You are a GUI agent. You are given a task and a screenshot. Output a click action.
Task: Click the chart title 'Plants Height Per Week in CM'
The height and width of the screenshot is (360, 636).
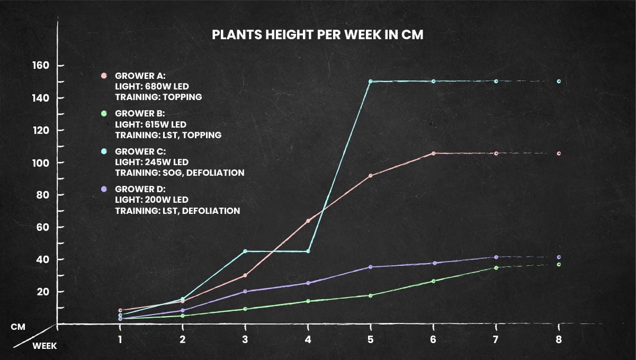pyautogui.click(x=318, y=35)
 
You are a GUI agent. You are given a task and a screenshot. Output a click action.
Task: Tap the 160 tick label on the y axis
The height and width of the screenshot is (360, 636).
pyautogui.click(x=41, y=66)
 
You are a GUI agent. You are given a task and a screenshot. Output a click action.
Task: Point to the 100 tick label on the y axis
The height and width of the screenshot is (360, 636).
pyautogui.click(x=41, y=163)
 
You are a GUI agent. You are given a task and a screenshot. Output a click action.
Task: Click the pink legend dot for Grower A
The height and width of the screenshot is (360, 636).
pyautogui.click(x=104, y=76)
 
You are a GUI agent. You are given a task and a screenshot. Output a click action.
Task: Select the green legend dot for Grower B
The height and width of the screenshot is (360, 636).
pyautogui.click(x=104, y=113)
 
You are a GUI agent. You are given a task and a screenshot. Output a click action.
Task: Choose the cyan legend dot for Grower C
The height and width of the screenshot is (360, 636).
pyautogui.click(x=104, y=151)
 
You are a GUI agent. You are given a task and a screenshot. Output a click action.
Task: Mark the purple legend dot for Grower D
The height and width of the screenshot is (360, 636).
pyautogui.click(x=104, y=189)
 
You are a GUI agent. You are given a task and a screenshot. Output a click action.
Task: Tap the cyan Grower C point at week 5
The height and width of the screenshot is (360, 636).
pyautogui.click(x=371, y=82)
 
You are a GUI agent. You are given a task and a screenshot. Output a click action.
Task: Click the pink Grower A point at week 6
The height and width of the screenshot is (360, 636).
pyautogui.click(x=433, y=153)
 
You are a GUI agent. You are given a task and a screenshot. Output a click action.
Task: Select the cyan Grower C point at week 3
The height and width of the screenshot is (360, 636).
pyautogui.click(x=245, y=251)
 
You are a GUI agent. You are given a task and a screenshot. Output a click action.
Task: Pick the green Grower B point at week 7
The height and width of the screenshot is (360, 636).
pyautogui.click(x=496, y=268)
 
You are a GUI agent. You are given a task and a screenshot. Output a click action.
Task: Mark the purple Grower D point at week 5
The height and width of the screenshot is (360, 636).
pyautogui.click(x=371, y=267)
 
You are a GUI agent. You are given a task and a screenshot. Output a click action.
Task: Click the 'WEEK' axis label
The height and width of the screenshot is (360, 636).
pyautogui.click(x=44, y=346)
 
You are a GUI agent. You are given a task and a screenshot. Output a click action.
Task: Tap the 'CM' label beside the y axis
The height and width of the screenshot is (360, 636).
pyautogui.click(x=18, y=327)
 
